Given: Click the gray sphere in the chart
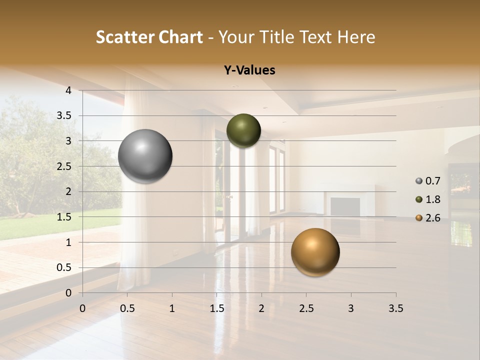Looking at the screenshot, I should click(145, 156).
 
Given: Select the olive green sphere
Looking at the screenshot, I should click(243, 130).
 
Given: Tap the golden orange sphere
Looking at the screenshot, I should click(315, 252).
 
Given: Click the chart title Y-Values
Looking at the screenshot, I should click(249, 70).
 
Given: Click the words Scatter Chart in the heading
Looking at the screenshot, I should click(149, 37).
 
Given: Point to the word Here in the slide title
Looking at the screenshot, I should click(355, 37).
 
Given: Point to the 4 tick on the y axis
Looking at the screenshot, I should click(68, 90).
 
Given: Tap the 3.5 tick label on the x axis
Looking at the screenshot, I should click(395, 308).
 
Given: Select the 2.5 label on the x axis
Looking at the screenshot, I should click(306, 308).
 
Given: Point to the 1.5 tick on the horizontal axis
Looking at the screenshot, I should click(216, 308).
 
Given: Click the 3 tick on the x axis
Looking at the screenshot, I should click(351, 308).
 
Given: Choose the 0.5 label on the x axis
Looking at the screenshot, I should click(127, 308).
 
